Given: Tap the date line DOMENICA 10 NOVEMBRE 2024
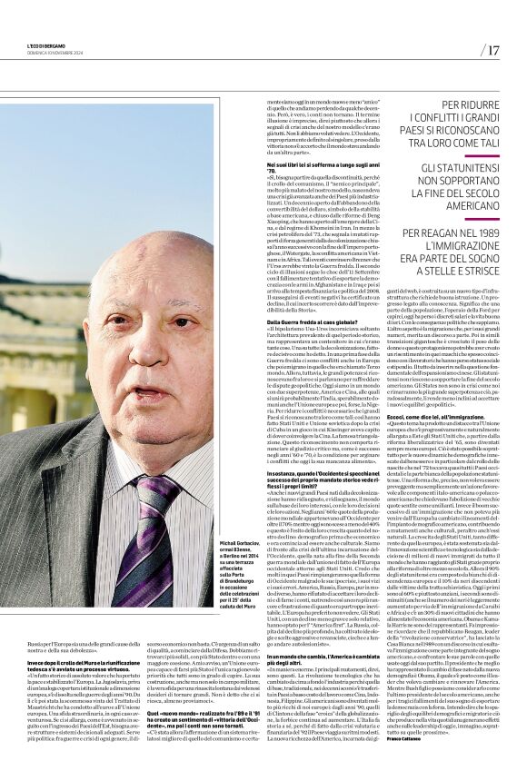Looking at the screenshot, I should coord(41,53).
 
